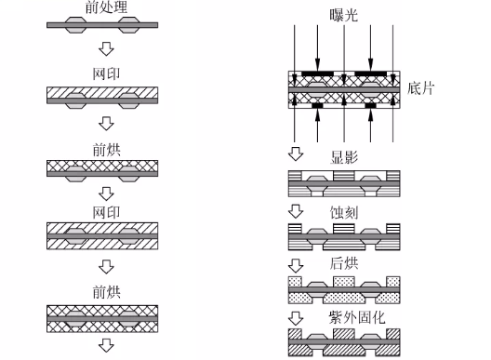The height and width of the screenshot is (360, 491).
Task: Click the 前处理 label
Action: pos(106,7)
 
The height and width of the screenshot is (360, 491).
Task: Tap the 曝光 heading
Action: pos(343,15)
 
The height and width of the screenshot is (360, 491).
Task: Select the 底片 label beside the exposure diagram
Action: pos(420,88)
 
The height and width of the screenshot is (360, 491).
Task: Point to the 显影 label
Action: pos(344,157)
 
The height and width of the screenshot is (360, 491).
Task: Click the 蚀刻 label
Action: pos(344,213)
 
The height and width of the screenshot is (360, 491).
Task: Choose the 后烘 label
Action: pos(344,263)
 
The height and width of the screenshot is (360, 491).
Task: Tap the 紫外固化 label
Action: pos(357,317)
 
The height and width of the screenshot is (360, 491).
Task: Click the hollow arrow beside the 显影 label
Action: pos(296,153)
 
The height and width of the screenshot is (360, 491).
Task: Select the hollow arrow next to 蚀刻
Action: pos(296,211)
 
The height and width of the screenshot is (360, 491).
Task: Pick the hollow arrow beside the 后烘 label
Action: pos(296,266)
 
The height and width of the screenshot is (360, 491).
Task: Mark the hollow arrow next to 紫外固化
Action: pos(296,318)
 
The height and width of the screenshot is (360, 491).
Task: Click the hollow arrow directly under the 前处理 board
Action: pos(106,49)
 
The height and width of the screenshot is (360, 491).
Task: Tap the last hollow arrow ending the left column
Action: pos(106,346)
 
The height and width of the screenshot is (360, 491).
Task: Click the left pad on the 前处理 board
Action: pos(75,25)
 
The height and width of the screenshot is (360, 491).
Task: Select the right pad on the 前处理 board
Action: pos(129,25)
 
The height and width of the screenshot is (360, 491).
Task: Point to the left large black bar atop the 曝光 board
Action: pos(317,73)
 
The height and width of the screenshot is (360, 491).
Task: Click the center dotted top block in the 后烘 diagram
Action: pos(344,281)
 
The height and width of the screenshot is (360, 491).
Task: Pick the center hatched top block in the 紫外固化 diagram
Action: pos(344,334)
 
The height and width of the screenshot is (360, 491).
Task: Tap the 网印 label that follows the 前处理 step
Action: pos(106,74)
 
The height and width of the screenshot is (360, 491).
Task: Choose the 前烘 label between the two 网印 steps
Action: pos(106,150)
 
